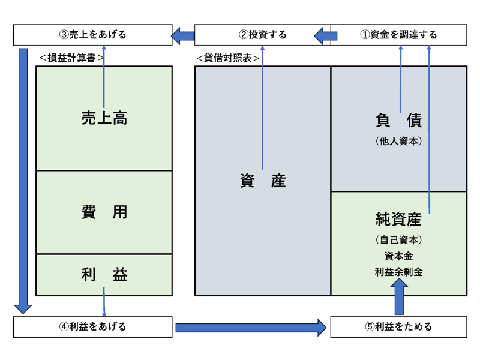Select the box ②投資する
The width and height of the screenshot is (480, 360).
pyautogui.click(x=262, y=35)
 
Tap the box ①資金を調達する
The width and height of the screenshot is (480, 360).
pyautogui.click(x=398, y=35)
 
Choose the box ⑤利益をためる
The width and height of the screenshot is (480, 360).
pyautogui.click(x=398, y=327)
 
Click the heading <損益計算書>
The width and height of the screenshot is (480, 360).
pyautogui.click(x=71, y=58)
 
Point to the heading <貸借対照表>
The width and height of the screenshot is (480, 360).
pyautogui.click(x=228, y=58)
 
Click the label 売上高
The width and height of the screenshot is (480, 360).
pyautogui.click(x=104, y=119)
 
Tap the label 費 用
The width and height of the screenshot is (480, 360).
pyautogui.click(x=104, y=212)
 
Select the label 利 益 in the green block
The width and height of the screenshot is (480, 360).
pyautogui.click(x=104, y=275)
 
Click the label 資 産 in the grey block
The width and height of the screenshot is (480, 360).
pyautogui.click(x=262, y=181)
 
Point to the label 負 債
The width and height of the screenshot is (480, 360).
pyautogui.click(x=398, y=121)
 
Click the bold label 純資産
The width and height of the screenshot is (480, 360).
pyautogui.click(x=398, y=220)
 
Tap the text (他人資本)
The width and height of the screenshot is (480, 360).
pyautogui.click(x=398, y=142)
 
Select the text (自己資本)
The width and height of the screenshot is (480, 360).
pyautogui.click(x=398, y=240)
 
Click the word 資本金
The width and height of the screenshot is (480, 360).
pyautogui.click(x=398, y=256)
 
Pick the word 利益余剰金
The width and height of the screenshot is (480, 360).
pyautogui.click(x=398, y=271)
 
